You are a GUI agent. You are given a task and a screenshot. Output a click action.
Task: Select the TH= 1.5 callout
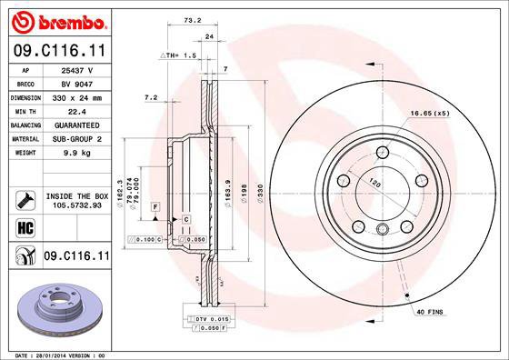coord(179,55)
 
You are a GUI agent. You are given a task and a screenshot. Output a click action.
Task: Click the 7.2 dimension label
coord(152,96)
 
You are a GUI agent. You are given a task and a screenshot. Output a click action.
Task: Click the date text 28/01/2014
coord(62,354)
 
